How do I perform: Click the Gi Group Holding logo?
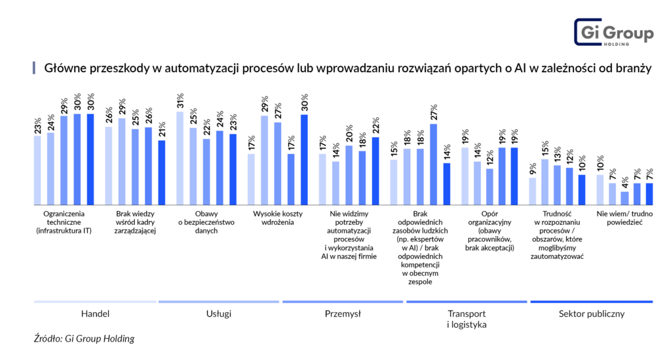coord(613,33)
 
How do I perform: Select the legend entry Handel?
coord(95,313)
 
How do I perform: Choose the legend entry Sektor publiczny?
coord(591,313)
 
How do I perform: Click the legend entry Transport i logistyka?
coord(467,319)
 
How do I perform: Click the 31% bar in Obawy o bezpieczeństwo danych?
coord(180,158)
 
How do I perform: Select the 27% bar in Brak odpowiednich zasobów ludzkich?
coord(433,164)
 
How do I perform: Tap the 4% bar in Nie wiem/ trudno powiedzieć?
coord(624,197)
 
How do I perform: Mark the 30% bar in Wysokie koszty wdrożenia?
coord(304,159)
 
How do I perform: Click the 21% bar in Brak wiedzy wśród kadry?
coord(162,172)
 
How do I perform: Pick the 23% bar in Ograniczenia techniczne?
coord(37,170)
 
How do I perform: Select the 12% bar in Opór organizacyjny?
coord(490,186)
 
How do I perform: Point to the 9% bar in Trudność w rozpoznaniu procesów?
coord(533,191)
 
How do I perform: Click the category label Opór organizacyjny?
coord(495,231)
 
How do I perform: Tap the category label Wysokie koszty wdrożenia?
coord(282,218)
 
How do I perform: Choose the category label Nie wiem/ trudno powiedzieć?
coord(619,218)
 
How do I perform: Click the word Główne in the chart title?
coord(63,68)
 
